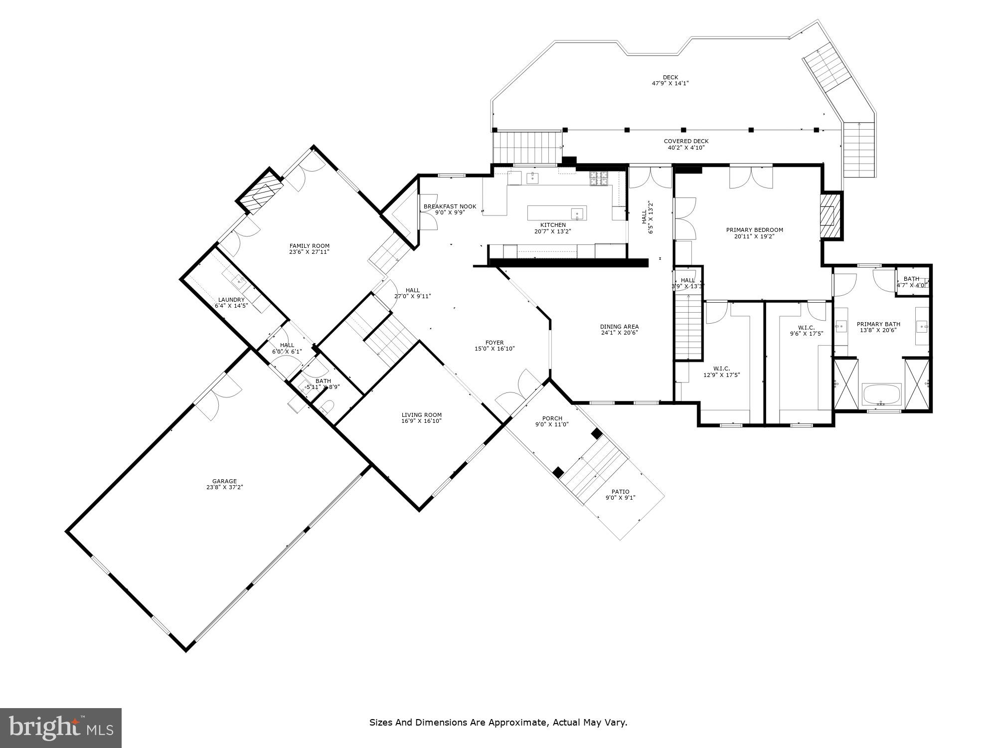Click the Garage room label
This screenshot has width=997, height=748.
224,481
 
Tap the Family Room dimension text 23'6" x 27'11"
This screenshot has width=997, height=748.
310,252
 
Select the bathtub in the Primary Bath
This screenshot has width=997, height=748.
881,394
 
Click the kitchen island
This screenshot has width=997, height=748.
557,213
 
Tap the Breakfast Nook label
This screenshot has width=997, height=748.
450,206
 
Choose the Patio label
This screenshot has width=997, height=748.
620,492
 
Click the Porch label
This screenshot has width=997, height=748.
552,418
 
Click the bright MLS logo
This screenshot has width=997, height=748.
60,728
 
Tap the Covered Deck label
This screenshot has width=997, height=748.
686,141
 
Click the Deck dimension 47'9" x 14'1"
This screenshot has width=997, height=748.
670,83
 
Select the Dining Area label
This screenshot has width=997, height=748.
619,327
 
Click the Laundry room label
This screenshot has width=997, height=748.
231,300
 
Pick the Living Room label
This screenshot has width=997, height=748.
421,415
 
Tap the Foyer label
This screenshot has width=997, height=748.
495,343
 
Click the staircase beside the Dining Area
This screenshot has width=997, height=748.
688,327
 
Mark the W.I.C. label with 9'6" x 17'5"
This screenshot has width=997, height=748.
806,328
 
